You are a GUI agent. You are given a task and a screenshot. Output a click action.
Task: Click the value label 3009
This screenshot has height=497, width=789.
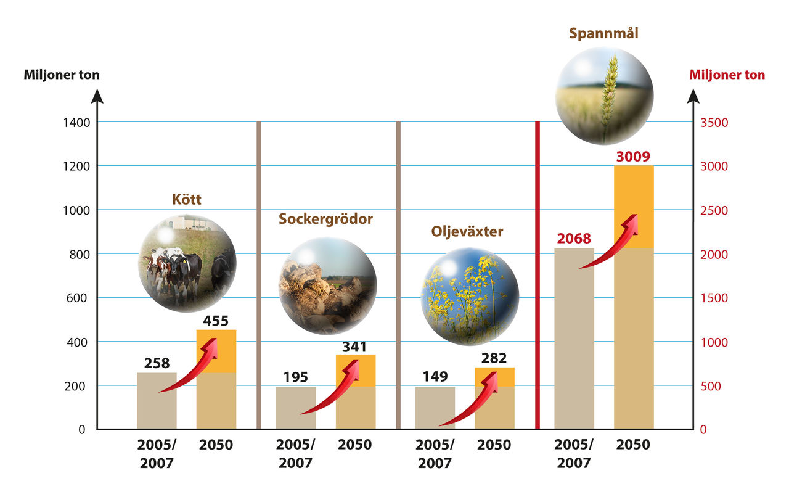pos(633,157)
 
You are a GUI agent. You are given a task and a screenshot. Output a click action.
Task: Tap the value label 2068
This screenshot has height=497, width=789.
pos(574,238)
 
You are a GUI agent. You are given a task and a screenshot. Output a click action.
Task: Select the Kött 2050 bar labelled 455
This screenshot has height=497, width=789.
pos(216,379)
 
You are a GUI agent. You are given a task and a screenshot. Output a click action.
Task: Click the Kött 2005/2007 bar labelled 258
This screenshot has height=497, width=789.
pos(157,401)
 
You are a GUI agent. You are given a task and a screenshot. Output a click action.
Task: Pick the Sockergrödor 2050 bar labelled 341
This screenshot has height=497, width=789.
pos(356,392)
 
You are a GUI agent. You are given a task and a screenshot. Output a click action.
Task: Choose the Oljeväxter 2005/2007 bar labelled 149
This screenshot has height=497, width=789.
pos(435,408)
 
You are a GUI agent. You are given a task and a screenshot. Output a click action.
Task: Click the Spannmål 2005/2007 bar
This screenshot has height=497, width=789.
pos(574,339)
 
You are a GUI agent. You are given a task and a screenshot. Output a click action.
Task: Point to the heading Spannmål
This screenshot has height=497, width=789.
pos(603,33)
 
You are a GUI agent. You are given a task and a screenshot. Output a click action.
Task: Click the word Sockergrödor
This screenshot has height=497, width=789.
pos(325,219)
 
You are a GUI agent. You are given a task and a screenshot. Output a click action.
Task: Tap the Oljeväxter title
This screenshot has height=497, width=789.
pos(467,232)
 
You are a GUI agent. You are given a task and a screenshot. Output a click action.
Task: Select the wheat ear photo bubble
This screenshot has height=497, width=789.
pos(605,96)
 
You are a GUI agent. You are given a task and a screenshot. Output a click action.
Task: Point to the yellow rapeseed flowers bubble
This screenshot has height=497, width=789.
pos(469,297)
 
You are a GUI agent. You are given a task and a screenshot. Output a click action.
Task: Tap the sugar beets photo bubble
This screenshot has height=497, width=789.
pos(327,285)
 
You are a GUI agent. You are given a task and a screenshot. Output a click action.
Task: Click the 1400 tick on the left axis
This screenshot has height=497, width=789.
pos(76,123)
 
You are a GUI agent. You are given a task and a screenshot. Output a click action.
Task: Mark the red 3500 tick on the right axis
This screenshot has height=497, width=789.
pos(716,123)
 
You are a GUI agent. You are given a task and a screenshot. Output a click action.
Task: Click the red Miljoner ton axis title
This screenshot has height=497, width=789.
pos(727,75)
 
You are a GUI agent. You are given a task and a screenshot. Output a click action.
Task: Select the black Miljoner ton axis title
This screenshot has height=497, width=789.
pos(62,75)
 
